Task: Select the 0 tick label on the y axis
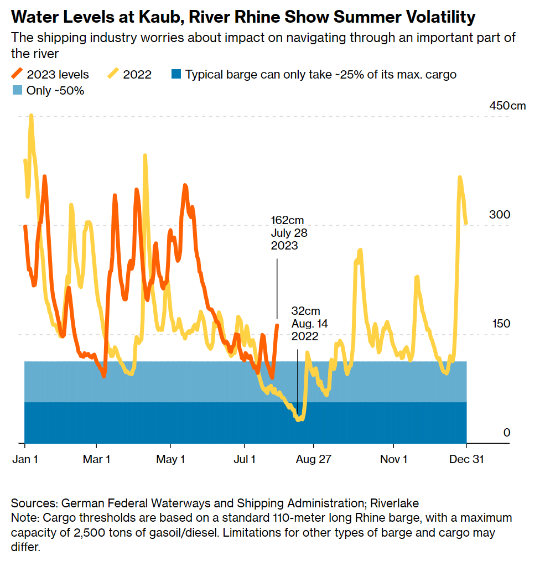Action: tap(506, 432)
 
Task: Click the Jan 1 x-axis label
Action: tap(24, 459)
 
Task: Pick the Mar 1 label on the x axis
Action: tap(97, 459)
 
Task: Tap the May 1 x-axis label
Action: tap(170, 459)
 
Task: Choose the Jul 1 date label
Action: tap(244, 459)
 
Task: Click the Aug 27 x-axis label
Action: tap(313, 459)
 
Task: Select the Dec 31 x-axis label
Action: tap(466, 459)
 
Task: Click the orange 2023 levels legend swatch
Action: tap(18, 74)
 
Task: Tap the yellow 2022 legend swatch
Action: tap(114, 74)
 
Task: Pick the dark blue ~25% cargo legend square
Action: tap(175, 74)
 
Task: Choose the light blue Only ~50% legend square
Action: tap(17, 90)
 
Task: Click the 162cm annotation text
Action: tap(287, 220)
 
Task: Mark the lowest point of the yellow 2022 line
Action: tap(299, 419)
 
